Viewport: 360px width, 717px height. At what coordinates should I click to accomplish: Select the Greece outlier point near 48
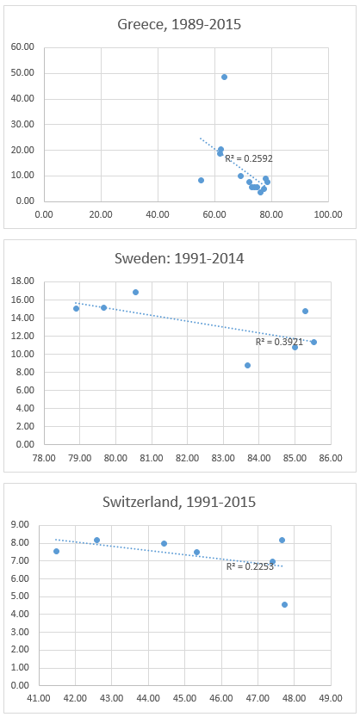tap(224, 77)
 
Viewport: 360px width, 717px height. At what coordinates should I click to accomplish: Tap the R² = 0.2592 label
tap(249, 158)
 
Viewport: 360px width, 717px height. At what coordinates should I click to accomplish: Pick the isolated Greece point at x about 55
tap(201, 180)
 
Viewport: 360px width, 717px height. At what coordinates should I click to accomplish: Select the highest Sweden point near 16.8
tap(135, 292)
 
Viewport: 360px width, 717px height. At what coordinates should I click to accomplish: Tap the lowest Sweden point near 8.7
tap(247, 365)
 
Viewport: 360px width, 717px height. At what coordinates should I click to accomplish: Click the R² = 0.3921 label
tap(279, 342)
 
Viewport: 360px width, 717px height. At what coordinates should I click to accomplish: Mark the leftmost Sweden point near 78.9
tap(76, 308)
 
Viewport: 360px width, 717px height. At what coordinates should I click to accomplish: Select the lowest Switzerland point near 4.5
tap(284, 604)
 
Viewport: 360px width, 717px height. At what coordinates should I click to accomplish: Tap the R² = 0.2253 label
tap(250, 566)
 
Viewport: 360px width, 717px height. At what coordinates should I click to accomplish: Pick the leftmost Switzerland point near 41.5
tap(56, 551)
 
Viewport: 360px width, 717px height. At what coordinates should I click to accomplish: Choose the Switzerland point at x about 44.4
tap(164, 543)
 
